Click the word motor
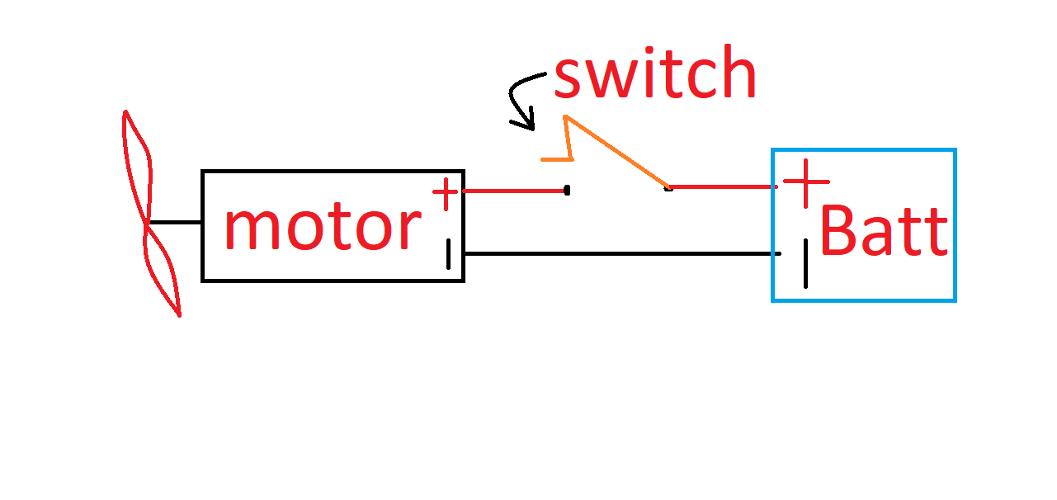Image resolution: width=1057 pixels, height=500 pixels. pyautogui.click(x=322, y=228)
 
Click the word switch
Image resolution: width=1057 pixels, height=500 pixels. pyautogui.click(x=654, y=75)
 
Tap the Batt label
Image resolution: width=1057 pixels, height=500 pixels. pyautogui.click(x=883, y=232)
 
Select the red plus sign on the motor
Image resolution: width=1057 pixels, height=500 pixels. pyautogui.click(x=445, y=195)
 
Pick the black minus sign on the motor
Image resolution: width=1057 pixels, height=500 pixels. pyautogui.click(x=449, y=254)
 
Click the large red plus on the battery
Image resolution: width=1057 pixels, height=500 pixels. pyautogui.click(x=805, y=182)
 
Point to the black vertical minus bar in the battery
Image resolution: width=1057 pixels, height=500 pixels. pyautogui.click(x=805, y=263)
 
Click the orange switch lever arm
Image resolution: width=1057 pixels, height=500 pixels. pyautogui.click(x=617, y=151)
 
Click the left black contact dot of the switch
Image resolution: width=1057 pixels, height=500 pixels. pyautogui.click(x=567, y=191)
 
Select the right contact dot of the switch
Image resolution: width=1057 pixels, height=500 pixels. pyautogui.click(x=668, y=188)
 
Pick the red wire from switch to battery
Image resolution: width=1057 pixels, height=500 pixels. pyautogui.click(x=722, y=187)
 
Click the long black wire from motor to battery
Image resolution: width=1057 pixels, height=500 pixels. pyautogui.click(x=619, y=253)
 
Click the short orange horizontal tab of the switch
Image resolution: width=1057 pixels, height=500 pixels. pyautogui.click(x=555, y=158)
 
